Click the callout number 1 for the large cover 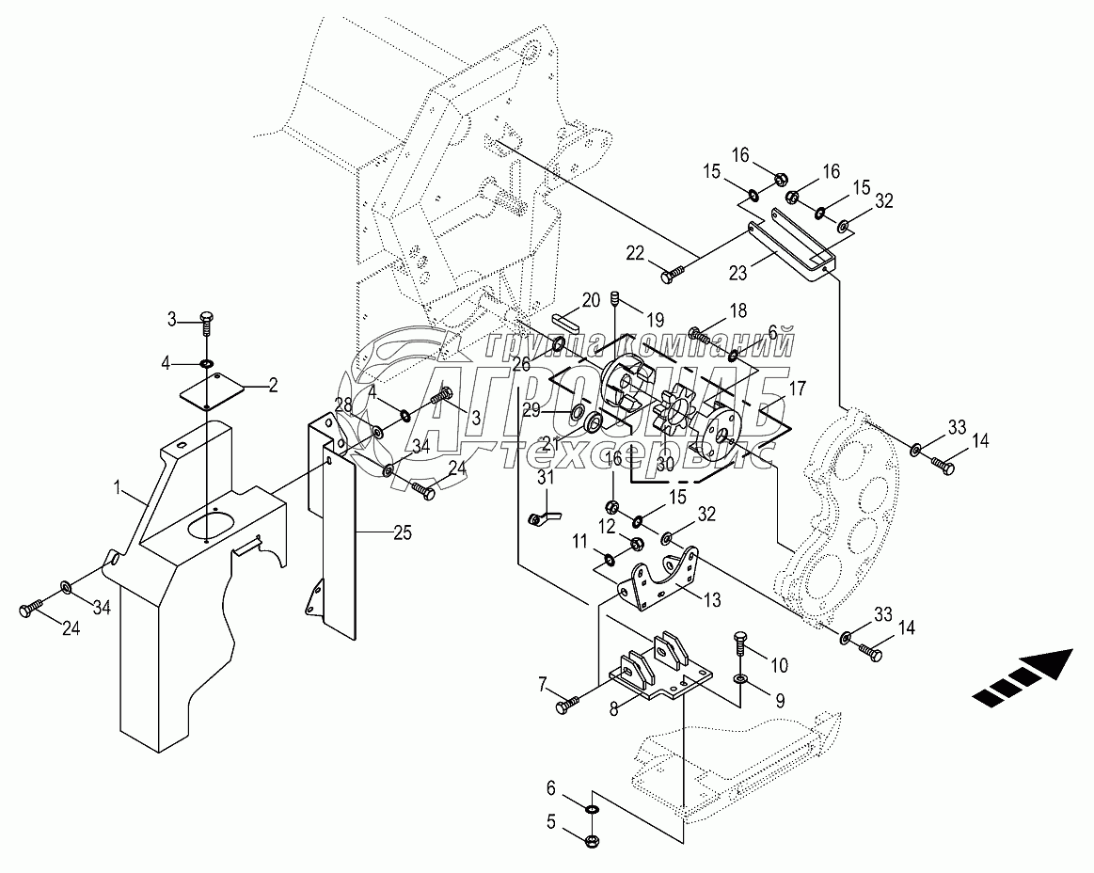[x=119, y=487]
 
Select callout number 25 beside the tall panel [x=402, y=533]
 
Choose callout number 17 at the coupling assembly [x=797, y=387]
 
